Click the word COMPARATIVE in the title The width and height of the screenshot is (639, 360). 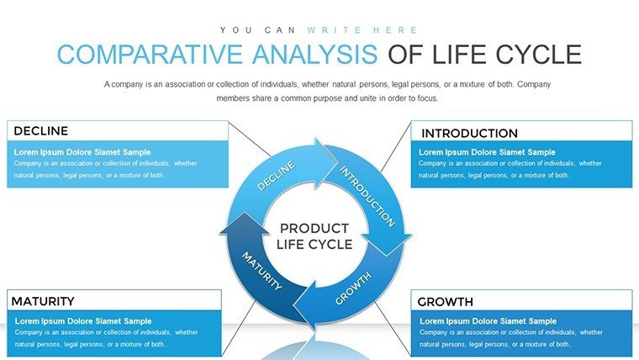point(150,54)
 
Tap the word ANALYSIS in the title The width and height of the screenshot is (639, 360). point(315,54)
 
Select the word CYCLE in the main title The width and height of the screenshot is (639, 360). point(538,54)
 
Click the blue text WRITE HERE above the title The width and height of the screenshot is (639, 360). point(362,30)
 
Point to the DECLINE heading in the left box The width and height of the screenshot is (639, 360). point(40,131)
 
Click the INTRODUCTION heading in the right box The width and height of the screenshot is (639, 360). point(469,134)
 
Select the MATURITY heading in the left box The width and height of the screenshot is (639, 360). point(43,301)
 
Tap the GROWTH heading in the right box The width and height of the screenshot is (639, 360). point(445,302)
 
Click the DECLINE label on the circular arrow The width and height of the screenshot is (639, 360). point(276,175)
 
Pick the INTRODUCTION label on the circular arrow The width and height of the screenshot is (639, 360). point(367,196)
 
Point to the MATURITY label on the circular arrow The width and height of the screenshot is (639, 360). point(261,271)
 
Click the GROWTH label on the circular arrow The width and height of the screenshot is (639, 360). point(353,289)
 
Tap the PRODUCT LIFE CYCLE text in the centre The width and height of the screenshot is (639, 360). point(314,236)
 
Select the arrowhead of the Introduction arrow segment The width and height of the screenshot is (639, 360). point(386,244)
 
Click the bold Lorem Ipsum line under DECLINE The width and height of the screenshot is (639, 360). point(82,152)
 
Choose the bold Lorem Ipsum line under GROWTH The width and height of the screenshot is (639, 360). point(488,321)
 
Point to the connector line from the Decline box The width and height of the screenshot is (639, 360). point(249,139)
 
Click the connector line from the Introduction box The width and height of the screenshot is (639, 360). point(396,146)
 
